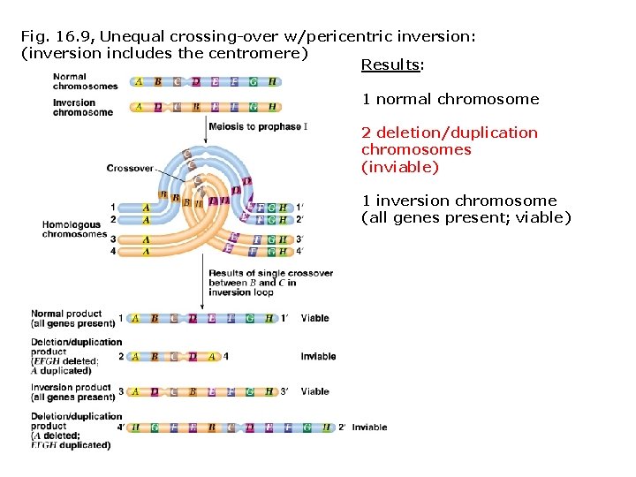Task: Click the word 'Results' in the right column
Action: (391, 65)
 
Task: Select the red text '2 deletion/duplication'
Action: (449, 133)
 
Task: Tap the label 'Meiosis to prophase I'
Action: (258, 127)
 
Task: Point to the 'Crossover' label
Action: (130, 168)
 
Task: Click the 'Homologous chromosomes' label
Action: (74, 230)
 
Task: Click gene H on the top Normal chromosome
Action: (272, 82)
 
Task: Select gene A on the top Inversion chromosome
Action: (138, 107)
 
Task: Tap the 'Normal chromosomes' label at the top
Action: (85, 81)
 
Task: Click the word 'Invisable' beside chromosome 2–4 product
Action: (318, 357)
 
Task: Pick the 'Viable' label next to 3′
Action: (314, 392)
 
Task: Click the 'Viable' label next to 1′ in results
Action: (314, 318)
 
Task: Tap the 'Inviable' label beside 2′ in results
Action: (369, 428)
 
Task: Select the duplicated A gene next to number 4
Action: (212, 357)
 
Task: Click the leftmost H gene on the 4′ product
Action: (135, 428)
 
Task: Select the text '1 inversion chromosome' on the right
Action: (458, 201)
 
